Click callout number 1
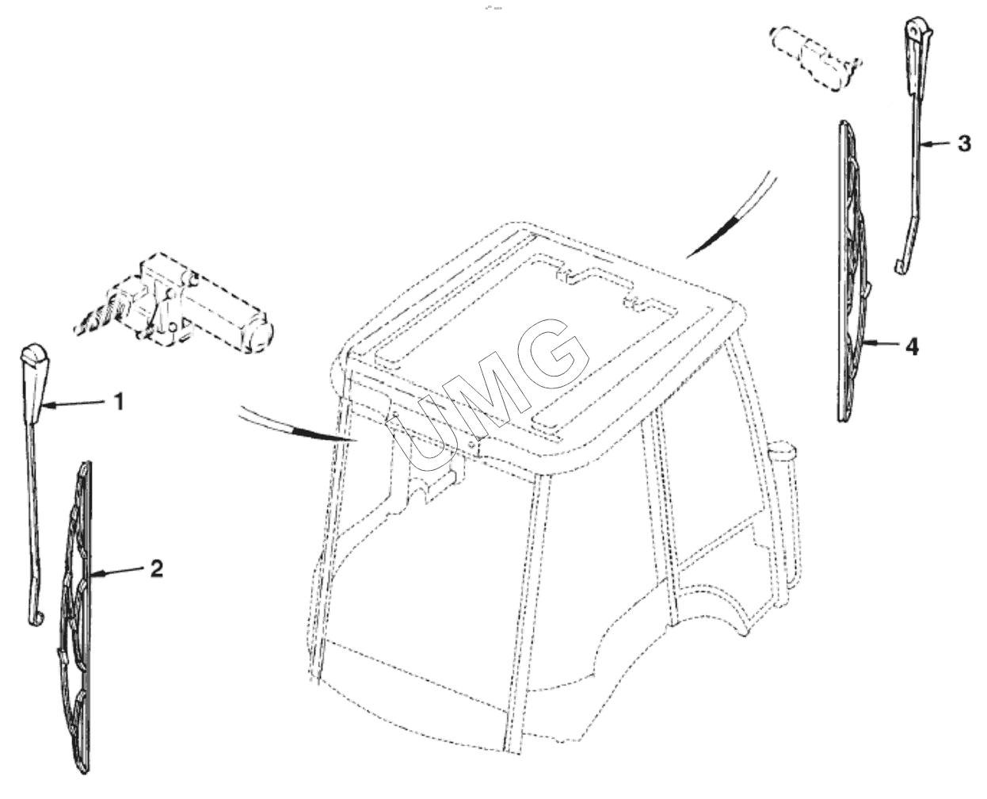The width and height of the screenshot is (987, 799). click(x=120, y=402)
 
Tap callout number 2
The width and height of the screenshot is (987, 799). click(x=157, y=568)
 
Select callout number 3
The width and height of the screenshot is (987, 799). click(x=964, y=143)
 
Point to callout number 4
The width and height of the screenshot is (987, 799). click(x=912, y=347)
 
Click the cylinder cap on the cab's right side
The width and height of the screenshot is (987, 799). click(x=781, y=449)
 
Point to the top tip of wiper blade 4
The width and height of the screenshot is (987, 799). click(x=843, y=122)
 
